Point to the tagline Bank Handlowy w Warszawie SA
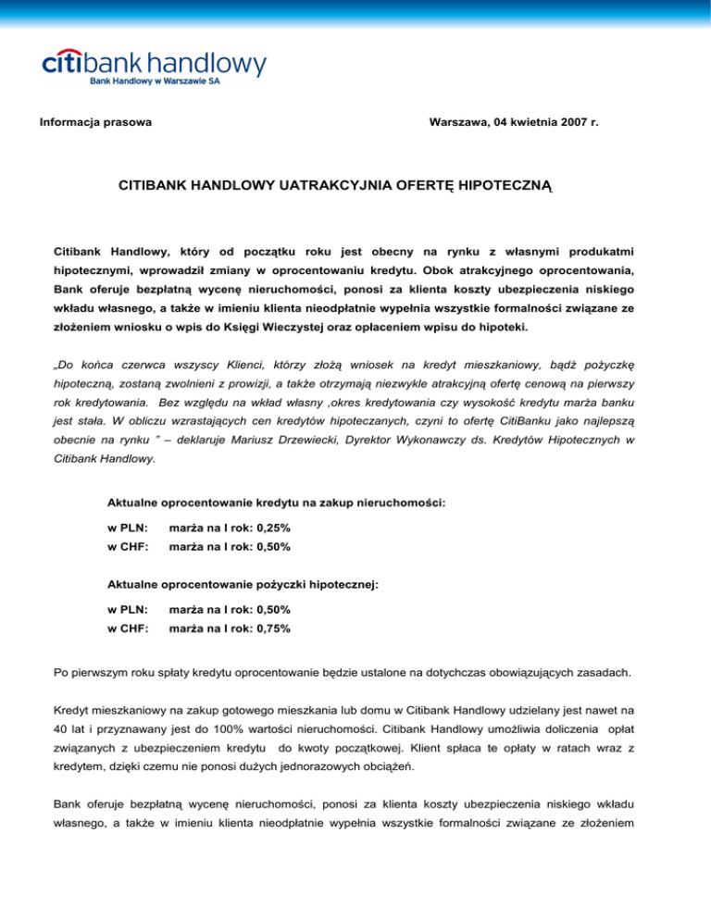pos(155,81)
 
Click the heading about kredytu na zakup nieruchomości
pos(277,504)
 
